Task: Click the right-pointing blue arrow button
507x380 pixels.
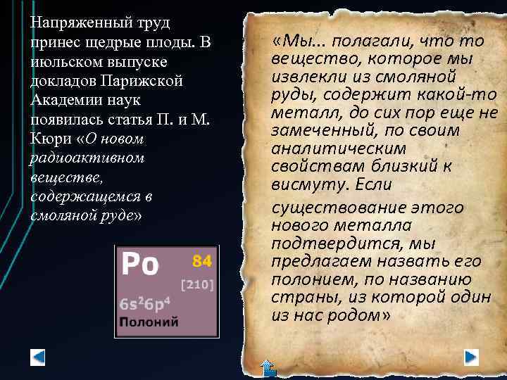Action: [x=471, y=356]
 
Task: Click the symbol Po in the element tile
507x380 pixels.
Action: [x=140, y=265]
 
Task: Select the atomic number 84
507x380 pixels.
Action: [x=202, y=261]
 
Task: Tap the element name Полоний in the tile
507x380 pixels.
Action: [x=149, y=322]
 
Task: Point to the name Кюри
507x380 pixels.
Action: [x=49, y=137]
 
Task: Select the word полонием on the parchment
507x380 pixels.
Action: [x=307, y=279]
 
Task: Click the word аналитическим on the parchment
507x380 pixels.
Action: [x=339, y=148]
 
